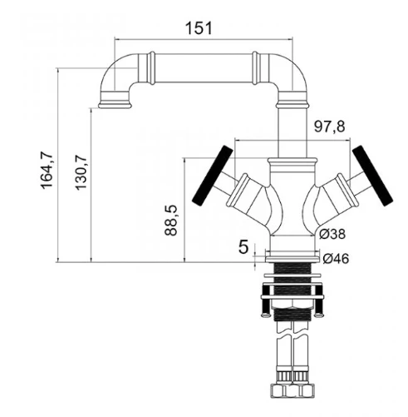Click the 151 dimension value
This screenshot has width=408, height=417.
click(199, 28)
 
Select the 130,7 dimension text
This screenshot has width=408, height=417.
click(81, 172)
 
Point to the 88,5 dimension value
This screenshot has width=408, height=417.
click(170, 221)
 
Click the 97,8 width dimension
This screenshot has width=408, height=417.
click(329, 127)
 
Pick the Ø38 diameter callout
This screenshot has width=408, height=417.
click(332, 234)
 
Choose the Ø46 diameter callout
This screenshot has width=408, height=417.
click(336, 259)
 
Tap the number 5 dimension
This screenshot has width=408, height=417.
click(243, 247)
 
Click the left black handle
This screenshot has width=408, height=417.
click(213, 176)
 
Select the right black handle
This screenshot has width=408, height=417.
click(373, 176)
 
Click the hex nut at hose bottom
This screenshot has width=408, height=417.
click(292, 390)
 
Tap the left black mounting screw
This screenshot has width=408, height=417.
click(266, 301)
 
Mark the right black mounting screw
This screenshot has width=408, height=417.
click(319, 301)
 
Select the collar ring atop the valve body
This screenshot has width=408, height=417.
click(292, 161)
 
